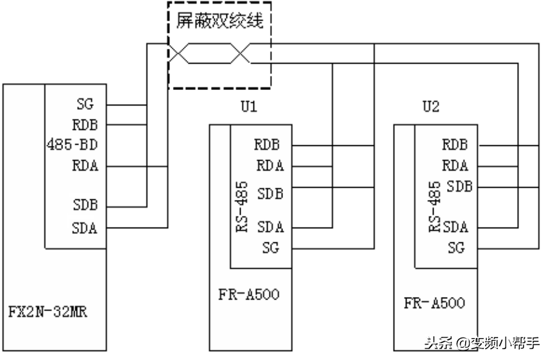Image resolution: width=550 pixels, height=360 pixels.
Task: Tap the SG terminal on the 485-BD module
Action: [85, 104]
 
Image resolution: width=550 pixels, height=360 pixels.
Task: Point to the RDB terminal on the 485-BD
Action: [85, 125]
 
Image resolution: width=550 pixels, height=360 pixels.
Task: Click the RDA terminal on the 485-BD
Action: [85, 166]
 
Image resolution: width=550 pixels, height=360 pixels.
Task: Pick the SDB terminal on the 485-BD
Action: [85, 206]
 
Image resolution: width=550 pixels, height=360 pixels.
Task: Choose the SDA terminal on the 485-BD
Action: [85, 228]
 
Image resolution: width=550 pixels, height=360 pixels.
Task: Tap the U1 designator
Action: [249, 107]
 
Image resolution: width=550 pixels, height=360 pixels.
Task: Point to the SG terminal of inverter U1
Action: [271, 248]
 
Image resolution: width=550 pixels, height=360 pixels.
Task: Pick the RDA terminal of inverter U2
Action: [455, 165]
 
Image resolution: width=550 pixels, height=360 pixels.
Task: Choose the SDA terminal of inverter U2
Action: [455, 226]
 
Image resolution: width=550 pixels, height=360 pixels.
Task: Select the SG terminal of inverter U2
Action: [456, 248]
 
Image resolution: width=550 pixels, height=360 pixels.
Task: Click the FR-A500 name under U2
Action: [434, 303]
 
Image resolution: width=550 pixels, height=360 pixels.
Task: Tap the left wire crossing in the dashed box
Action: [179, 54]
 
